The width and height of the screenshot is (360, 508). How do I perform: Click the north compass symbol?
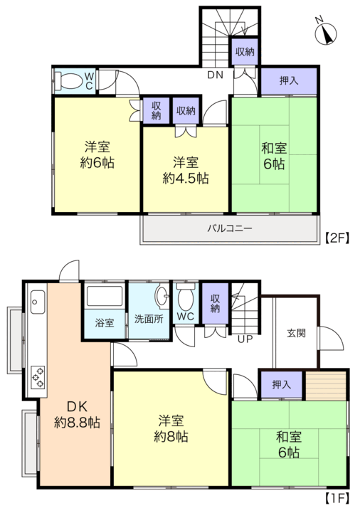[x=326, y=33]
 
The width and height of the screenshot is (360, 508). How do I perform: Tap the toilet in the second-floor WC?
[x=69, y=81]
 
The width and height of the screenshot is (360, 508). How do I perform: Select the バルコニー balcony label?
[x=229, y=228]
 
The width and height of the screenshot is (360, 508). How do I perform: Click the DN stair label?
[x=216, y=75]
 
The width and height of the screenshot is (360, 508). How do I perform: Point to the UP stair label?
[x=245, y=339]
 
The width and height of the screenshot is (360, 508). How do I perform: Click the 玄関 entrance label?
[x=296, y=333]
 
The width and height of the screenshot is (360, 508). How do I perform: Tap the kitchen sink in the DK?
[x=38, y=302]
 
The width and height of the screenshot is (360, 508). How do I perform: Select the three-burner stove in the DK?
[x=38, y=376]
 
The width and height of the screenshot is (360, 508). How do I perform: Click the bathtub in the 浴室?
[x=105, y=296]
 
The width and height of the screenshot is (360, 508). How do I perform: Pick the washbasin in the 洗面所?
[x=162, y=295]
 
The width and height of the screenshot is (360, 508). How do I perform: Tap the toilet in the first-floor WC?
[x=186, y=297]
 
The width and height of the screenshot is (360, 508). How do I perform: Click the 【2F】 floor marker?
[x=337, y=238]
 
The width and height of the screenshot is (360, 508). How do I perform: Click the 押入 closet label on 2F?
[x=289, y=80]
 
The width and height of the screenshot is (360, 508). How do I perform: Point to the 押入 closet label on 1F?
[x=281, y=385]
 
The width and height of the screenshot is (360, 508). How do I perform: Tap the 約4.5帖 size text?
[x=186, y=178]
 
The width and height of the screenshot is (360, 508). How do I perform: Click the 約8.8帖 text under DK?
[x=77, y=422]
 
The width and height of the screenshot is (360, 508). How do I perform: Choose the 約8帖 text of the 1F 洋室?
[x=171, y=436]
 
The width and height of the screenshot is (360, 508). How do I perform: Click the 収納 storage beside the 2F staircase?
[x=245, y=51]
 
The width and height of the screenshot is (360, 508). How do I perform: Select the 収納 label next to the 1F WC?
[x=215, y=303]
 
